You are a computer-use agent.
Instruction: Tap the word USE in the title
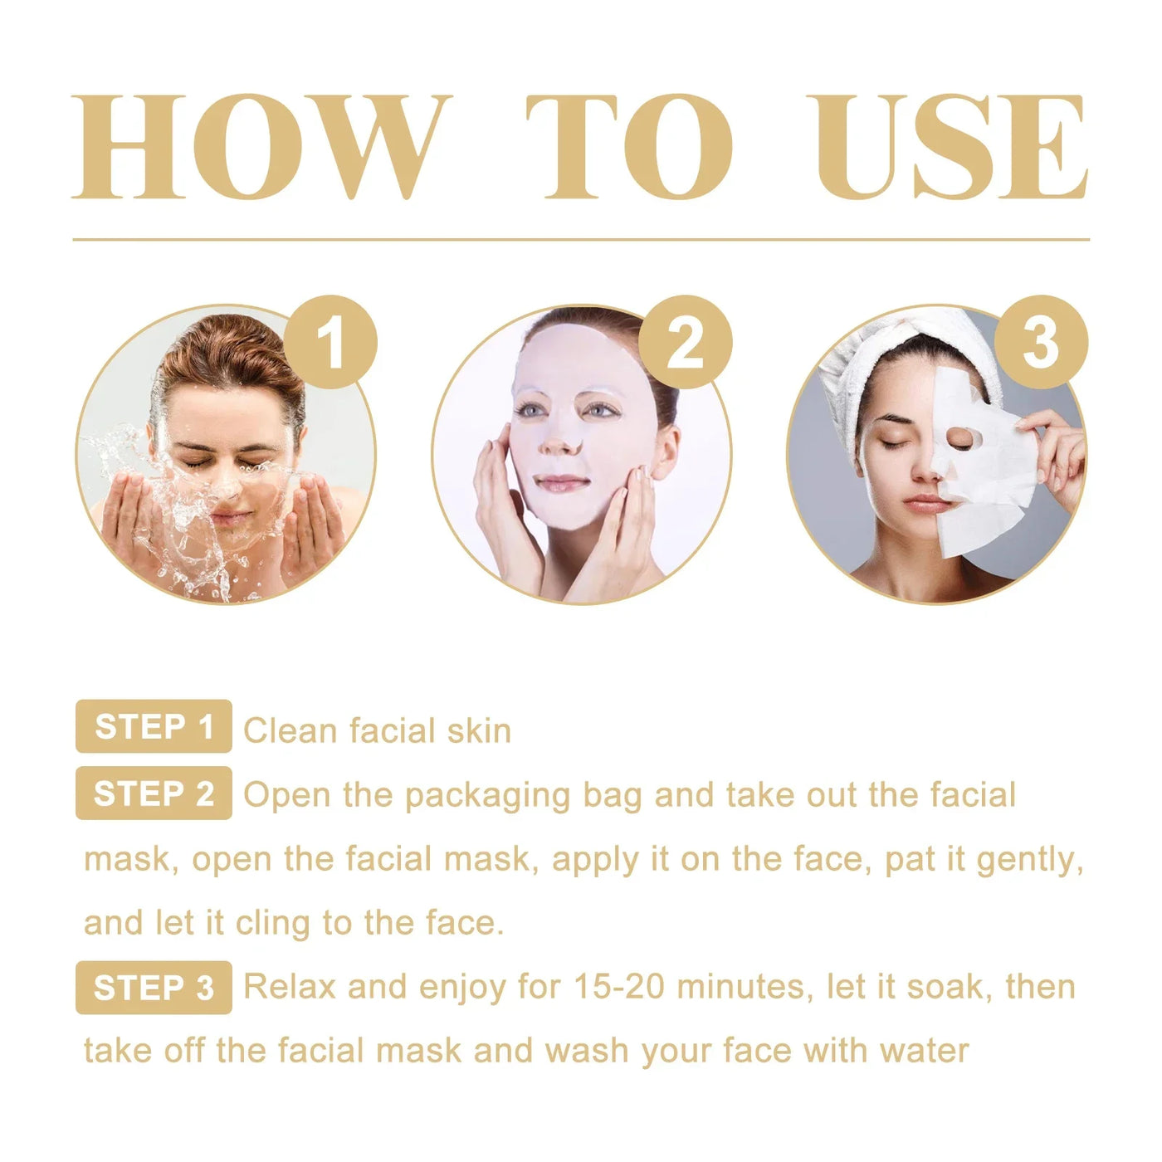tap(946, 147)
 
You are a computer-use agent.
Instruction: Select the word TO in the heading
tap(631, 147)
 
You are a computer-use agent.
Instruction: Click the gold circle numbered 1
tap(330, 342)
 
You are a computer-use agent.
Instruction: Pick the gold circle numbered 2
tap(685, 342)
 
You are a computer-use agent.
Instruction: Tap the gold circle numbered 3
tap(1040, 342)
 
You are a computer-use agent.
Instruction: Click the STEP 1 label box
tap(154, 726)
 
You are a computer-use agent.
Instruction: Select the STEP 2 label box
tap(154, 793)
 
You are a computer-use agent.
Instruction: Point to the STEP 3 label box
tap(154, 988)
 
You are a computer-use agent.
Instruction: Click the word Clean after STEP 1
tap(290, 731)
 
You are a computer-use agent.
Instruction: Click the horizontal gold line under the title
tap(581, 239)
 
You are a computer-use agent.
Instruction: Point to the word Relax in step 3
tap(290, 987)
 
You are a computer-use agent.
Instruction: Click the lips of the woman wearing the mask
tap(561, 482)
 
